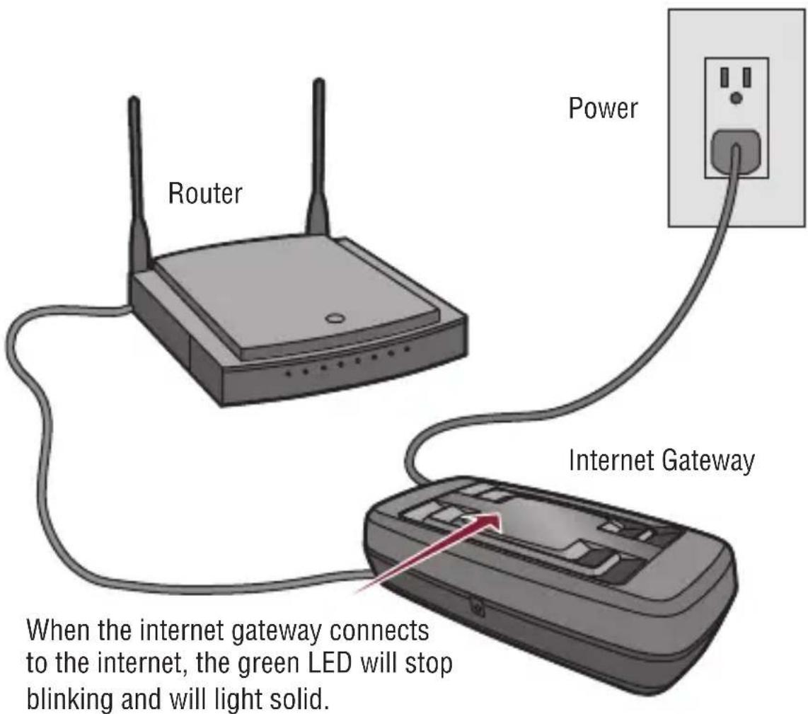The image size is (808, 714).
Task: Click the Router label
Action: click(204, 192)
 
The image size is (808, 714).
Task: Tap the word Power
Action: click(603, 108)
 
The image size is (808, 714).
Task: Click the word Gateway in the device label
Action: click(708, 461)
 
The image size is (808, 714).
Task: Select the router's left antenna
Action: click(135, 184)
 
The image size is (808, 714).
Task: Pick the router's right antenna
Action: click(318, 156)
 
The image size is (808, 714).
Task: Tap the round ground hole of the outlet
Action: click(737, 98)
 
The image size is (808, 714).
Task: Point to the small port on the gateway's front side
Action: click(476, 607)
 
